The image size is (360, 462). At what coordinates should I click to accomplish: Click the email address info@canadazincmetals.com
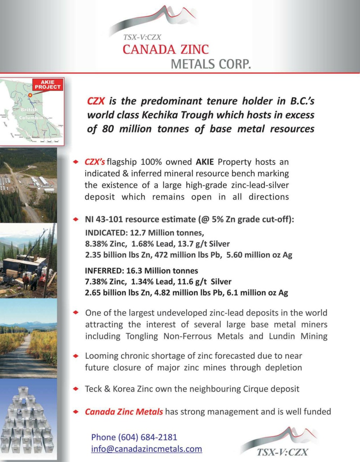pos(146,449)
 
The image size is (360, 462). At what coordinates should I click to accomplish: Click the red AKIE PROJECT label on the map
pos(48,85)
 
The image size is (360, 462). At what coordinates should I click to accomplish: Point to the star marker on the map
pos(30,95)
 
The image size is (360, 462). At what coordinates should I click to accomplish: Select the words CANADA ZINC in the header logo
pos(166,49)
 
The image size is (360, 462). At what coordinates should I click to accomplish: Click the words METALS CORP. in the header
pos(211,64)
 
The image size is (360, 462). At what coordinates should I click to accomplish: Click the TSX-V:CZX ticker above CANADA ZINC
pos(142,37)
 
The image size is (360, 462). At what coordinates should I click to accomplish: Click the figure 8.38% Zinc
pos(105,244)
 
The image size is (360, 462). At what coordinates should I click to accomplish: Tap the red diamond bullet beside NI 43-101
pos(76,219)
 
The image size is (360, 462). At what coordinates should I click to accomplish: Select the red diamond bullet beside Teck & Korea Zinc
pos(76,389)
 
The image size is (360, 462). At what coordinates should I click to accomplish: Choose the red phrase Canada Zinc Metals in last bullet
pos(124,411)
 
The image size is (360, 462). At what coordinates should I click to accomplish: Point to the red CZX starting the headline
pos(96,101)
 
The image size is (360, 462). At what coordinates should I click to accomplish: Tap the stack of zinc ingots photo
pos(28,420)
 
